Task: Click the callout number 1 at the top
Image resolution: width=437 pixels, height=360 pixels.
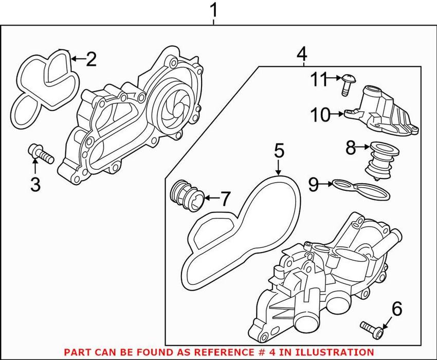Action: pyautogui.click(x=215, y=10)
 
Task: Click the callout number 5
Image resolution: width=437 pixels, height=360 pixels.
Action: pyautogui.click(x=278, y=151)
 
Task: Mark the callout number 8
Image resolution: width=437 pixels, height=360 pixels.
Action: pyautogui.click(x=350, y=148)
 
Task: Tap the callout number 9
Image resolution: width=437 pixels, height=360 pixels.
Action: pyautogui.click(x=313, y=184)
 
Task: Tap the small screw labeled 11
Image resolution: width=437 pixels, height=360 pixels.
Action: pyautogui.click(x=347, y=84)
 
